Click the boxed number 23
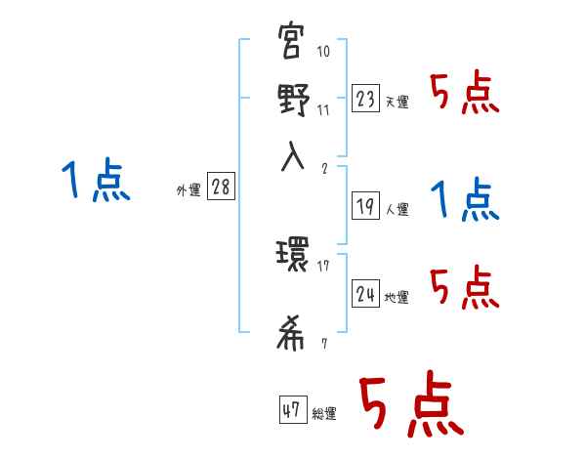coord(365,98)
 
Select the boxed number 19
coord(365,205)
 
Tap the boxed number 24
coord(365,294)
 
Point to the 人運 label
coord(397,209)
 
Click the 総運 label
coord(323,414)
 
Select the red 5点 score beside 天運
coord(466,95)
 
